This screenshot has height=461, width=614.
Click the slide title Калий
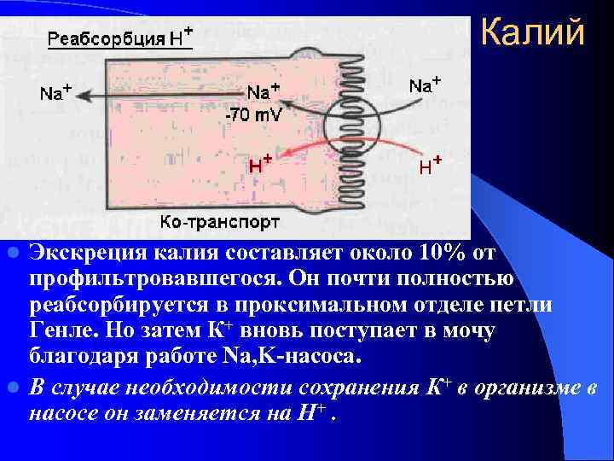tap(532, 33)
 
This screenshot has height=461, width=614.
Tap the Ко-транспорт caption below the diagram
tap(220, 224)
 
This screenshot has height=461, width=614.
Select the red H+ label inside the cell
tap(260, 165)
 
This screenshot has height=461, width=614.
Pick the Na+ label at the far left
tap(55, 92)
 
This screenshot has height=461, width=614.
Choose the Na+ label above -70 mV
tap(264, 92)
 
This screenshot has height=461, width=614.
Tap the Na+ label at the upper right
tap(425, 85)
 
